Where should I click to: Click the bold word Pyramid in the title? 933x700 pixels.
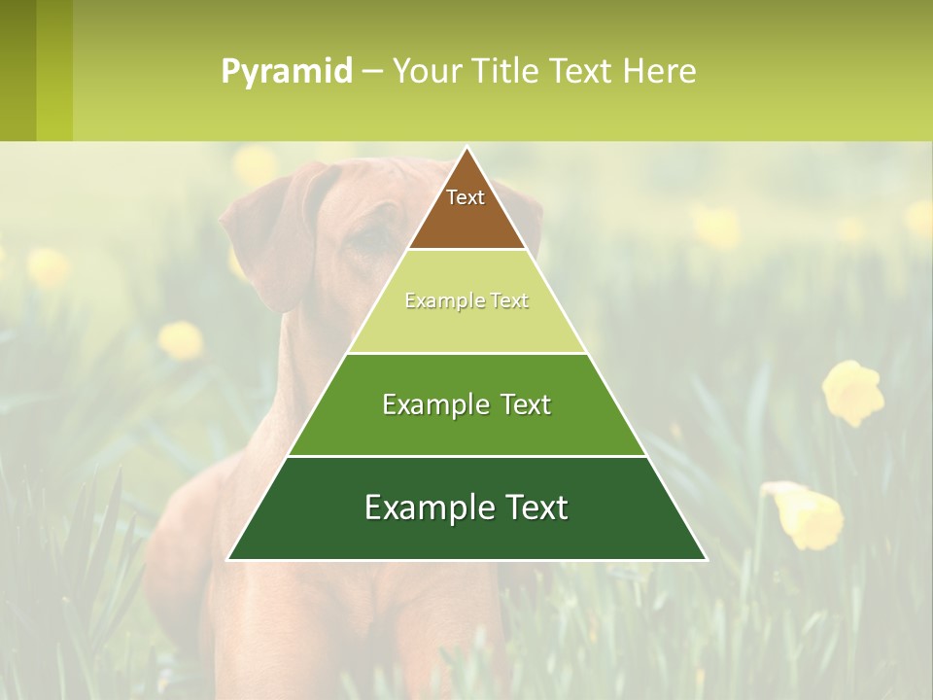[286, 72]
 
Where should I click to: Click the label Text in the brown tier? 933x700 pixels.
[466, 197]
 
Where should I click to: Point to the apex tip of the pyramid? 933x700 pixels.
[467, 149]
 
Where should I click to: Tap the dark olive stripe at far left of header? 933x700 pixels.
[17, 71]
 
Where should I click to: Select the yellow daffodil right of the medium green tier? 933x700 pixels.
[852, 392]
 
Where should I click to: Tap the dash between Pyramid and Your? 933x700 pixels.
[371, 72]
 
